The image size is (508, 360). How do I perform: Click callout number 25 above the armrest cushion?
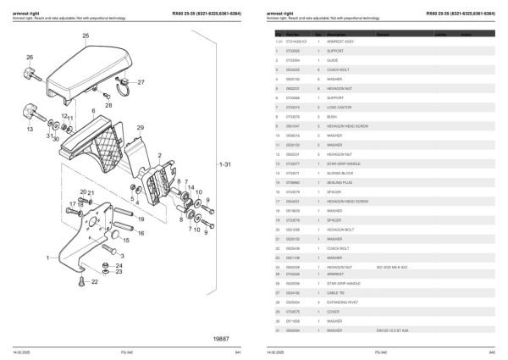[x=85, y=36]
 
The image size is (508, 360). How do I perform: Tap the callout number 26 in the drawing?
[x=30, y=58]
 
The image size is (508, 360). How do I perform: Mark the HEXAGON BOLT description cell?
[x=340, y=233]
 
